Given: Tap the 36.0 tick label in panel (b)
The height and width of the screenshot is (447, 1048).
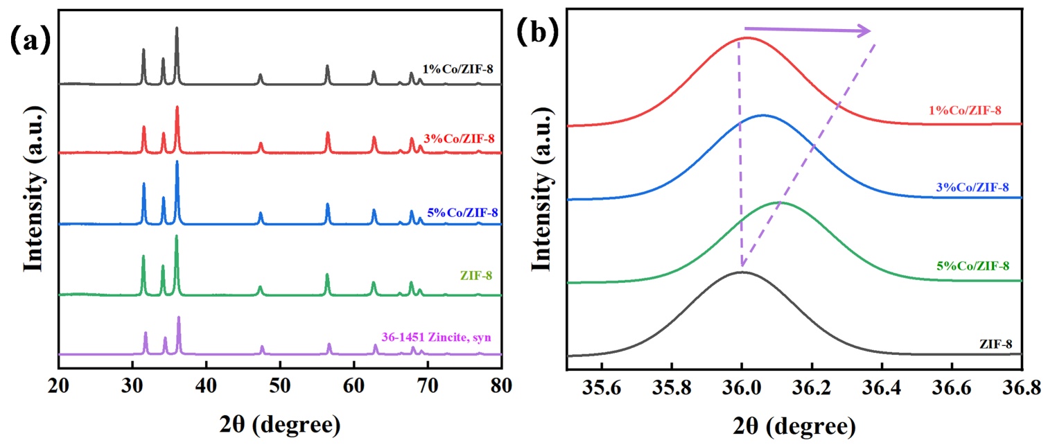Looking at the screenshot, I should click(742, 384).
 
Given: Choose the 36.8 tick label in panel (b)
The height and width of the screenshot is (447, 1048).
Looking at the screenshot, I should click(1020, 384).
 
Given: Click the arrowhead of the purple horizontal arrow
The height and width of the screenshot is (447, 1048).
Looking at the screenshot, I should click(866, 30).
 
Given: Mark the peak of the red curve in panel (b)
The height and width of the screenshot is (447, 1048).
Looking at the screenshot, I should click(744, 37).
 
